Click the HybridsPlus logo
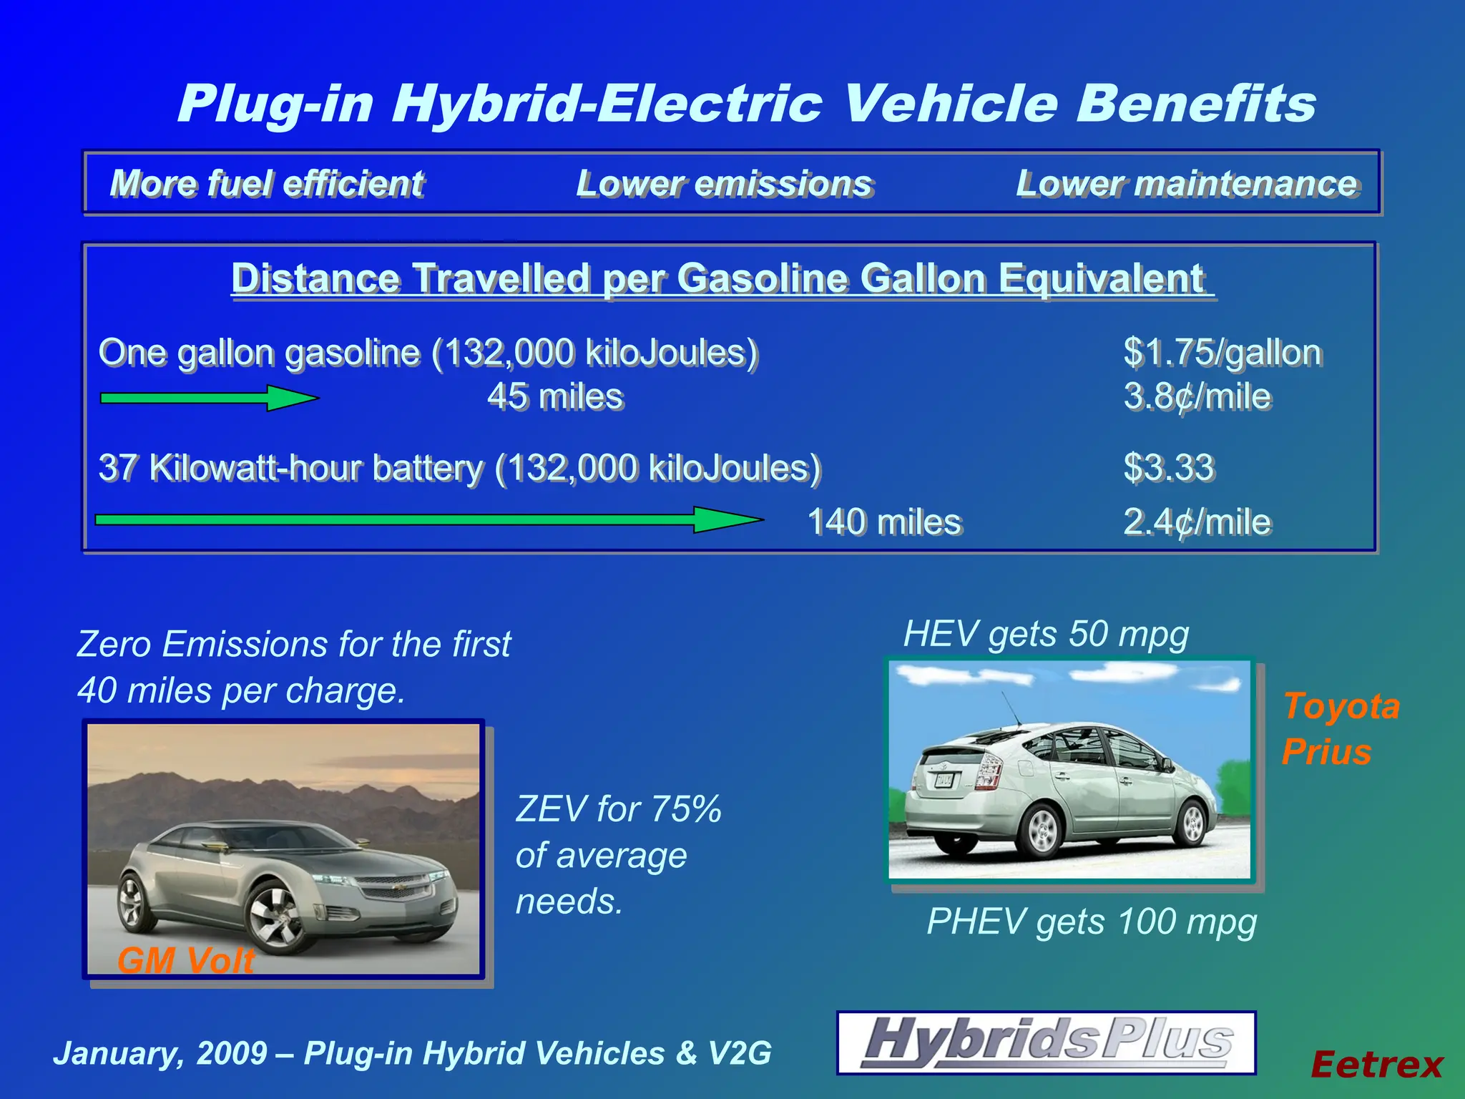coord(1046,1042)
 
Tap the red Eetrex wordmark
coord(1376,1065)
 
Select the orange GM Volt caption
coord(186,960)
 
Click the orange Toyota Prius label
coord(1339,728)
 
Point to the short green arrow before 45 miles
coord(209,398)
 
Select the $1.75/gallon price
coord(1222,352)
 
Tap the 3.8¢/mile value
coord(1197,396)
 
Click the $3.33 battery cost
coord(1169,467)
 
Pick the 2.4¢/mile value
coord(1197,522)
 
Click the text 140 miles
coord(884,522)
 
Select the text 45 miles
coord(555,396)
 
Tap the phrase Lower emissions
coord(724,183)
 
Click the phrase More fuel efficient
coord(267,183)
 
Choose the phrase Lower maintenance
coord(1187,183)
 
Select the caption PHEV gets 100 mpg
coord(1092,922)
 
